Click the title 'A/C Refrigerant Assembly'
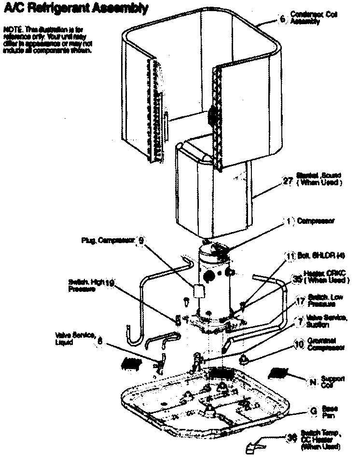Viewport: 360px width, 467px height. [73, 8]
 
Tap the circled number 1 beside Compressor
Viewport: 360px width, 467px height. [289, 221]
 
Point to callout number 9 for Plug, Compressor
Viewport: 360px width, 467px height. [141, 240]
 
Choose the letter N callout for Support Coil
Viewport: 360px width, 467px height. [312, 382]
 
